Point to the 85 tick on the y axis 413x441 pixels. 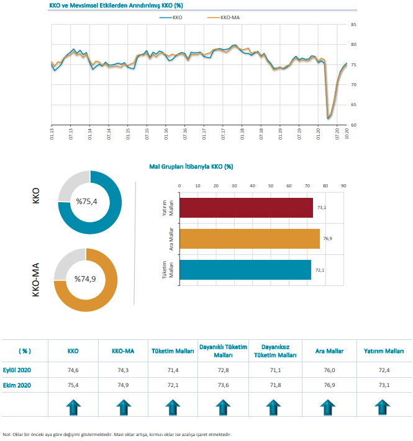point(353,25)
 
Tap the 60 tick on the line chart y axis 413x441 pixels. point(353,125)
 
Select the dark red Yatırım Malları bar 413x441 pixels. point(246,208)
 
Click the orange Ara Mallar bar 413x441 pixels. point(249,239)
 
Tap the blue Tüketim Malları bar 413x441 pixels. point(245,270)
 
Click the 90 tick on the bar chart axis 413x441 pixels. point(343,185)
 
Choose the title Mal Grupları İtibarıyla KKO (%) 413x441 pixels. point(191,167)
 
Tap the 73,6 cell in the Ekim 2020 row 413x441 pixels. point(223,385)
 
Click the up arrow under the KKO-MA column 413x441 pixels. point(123,408)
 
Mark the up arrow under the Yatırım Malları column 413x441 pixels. point(384,408)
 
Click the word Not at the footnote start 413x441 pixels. point(7,434)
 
